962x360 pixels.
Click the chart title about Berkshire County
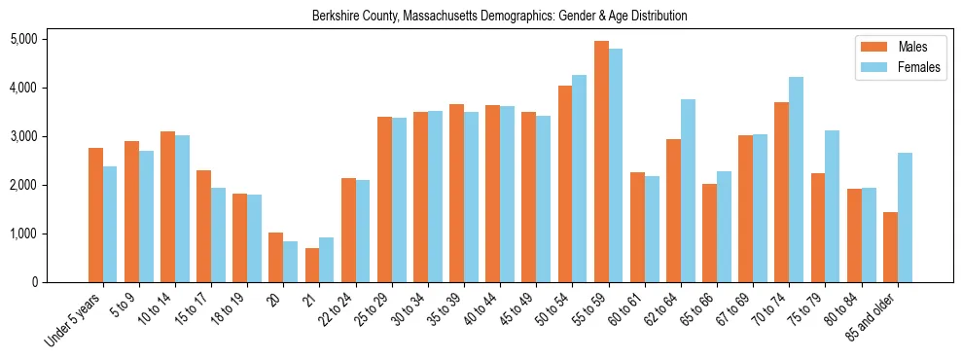tap(499, 16)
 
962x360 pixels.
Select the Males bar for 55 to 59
tap(601, 162)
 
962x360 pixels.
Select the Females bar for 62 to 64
tap(688, 191)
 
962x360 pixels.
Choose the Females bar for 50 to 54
tap(580, 178)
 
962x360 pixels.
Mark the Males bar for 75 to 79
tap(818, 228)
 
